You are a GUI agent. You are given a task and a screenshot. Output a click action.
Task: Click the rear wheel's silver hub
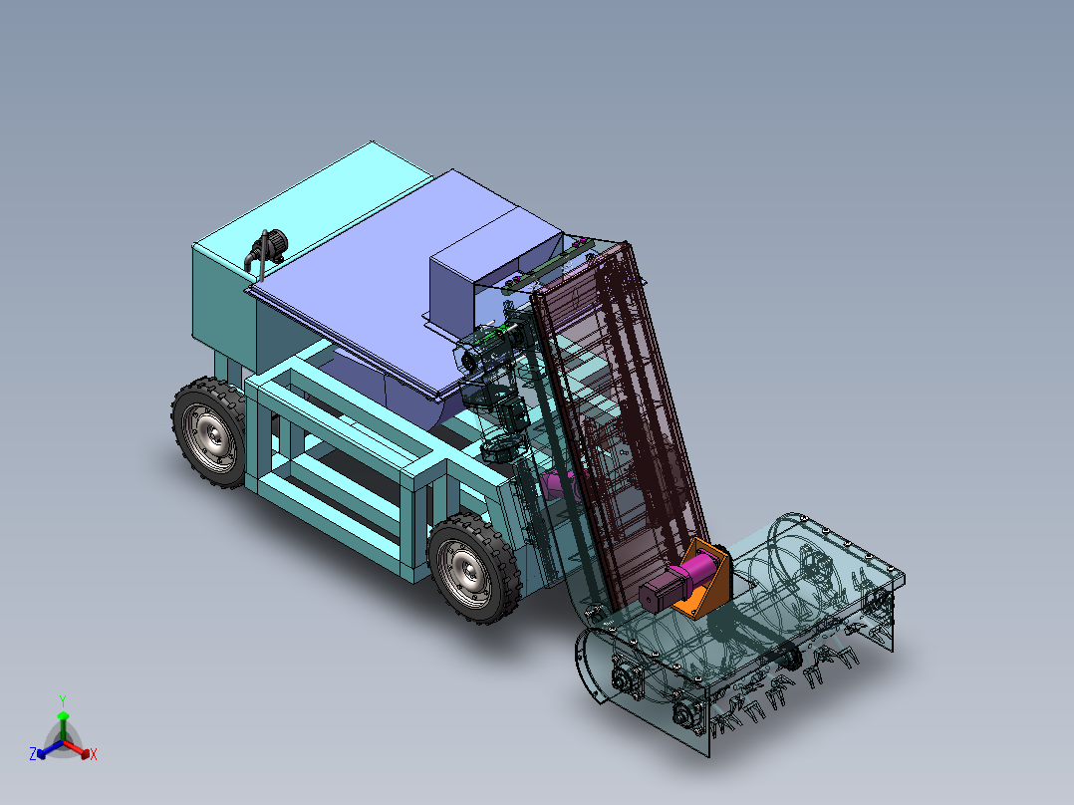click(212, 435)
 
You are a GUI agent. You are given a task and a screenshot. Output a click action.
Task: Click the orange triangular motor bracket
click(710, 589)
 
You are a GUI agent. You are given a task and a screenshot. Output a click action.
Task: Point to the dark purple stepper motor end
click(654, 595)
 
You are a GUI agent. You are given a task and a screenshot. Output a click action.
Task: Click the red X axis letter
click(94, 755)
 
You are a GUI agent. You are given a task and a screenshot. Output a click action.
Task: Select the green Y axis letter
click(62, 700)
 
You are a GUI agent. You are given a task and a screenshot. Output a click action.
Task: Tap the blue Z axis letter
click(33, 755)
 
